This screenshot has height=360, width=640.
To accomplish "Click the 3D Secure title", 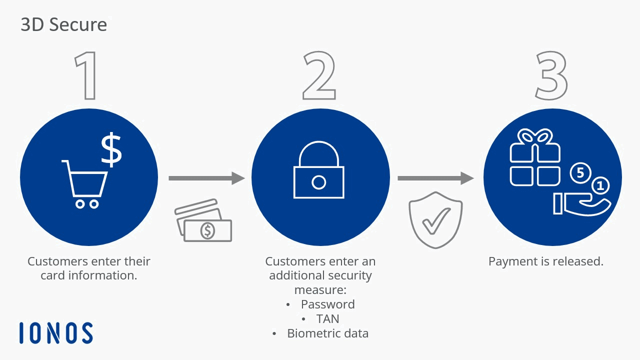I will click(63, 24).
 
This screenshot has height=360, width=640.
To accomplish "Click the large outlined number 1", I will click(87, 75).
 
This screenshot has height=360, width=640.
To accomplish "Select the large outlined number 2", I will click(319, 75).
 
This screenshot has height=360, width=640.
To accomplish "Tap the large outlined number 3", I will click(551, 75).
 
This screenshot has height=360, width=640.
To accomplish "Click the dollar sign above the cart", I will click(111, 149).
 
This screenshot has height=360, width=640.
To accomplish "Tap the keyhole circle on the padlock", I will click(319, 182).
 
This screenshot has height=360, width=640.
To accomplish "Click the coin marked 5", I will click(580, 173).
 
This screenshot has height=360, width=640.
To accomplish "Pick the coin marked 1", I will click(600, 186).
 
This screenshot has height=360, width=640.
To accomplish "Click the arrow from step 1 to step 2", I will click(206, 178).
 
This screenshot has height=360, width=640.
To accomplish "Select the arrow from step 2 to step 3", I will click(435, 177).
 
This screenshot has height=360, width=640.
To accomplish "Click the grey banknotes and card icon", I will click(203, 220).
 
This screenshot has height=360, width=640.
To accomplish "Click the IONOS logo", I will click(56, 333).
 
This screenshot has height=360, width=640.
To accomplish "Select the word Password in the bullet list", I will click(327, 304).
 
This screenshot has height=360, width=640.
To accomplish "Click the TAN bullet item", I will click(327, 318).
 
